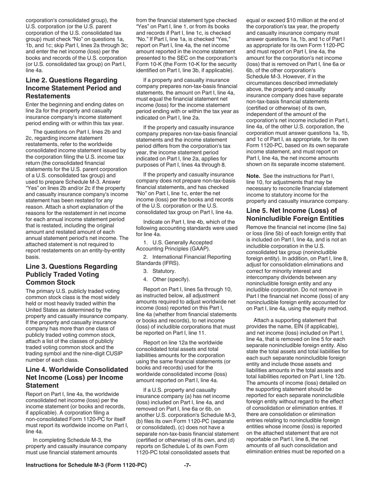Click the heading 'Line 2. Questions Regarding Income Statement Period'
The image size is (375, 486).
pos(73,88)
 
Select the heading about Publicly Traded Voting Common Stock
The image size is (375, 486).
pos(71,275)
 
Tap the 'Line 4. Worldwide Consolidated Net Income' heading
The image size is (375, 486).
pos(77,377)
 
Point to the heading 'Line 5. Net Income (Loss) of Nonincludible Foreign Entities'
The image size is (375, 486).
pos(295,215)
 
